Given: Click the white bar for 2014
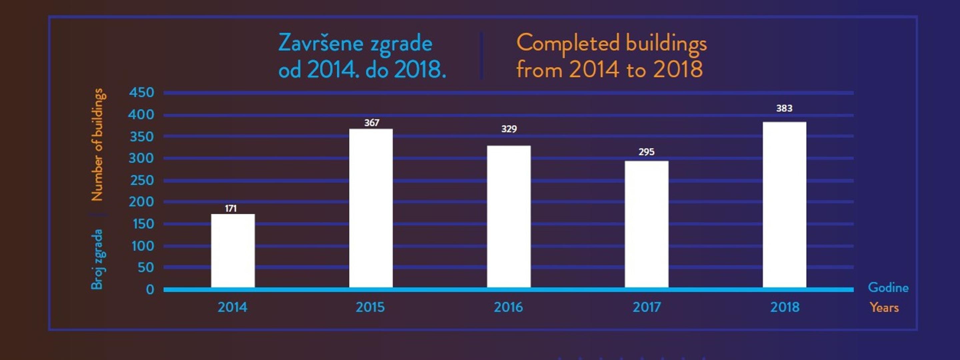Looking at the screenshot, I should tap(233, 250).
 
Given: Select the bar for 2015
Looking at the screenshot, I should tap(371, 208).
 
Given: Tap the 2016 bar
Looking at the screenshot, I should tap(509, 216).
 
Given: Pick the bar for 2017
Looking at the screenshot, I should tap(647, 224).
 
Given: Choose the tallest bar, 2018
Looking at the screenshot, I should tap(784, 204).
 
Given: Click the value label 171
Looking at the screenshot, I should tap(231, 208).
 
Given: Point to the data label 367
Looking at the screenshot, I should tap(372, 123).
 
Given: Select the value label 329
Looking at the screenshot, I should tap(509, 129).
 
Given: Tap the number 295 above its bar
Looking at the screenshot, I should tap(646, 152).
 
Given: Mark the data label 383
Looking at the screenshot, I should tap(784, 108).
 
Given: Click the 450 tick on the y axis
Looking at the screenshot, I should tap(141, 92).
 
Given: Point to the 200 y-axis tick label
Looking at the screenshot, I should tap(141, 202).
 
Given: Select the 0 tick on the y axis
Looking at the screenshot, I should tap(150, 290).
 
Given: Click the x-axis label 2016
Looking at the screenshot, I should tap(508, 307).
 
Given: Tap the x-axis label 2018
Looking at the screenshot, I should tap(785, 307).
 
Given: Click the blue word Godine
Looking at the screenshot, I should tap(888, 287).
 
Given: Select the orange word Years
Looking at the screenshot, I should tap(884, 307).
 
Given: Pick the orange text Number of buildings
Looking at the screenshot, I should tap(97, 145).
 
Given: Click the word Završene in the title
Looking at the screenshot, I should tap(320, 44).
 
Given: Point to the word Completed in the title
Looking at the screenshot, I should tap(568, 44).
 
